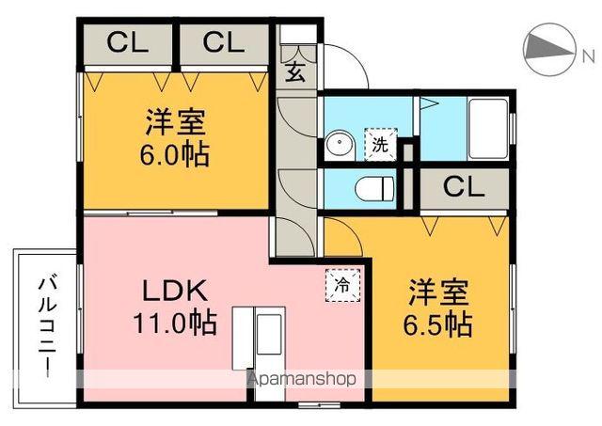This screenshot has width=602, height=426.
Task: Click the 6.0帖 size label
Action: coord(175,154)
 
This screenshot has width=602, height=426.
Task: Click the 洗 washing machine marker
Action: coord(380,145)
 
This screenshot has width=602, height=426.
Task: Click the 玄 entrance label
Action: coord(294,71)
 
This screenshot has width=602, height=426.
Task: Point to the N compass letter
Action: coord(588,57)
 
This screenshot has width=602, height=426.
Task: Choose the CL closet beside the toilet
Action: coord(463,186)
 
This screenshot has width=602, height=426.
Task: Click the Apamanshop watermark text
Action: coord(301,381)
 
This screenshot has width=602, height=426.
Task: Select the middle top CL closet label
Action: coord(222,43)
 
